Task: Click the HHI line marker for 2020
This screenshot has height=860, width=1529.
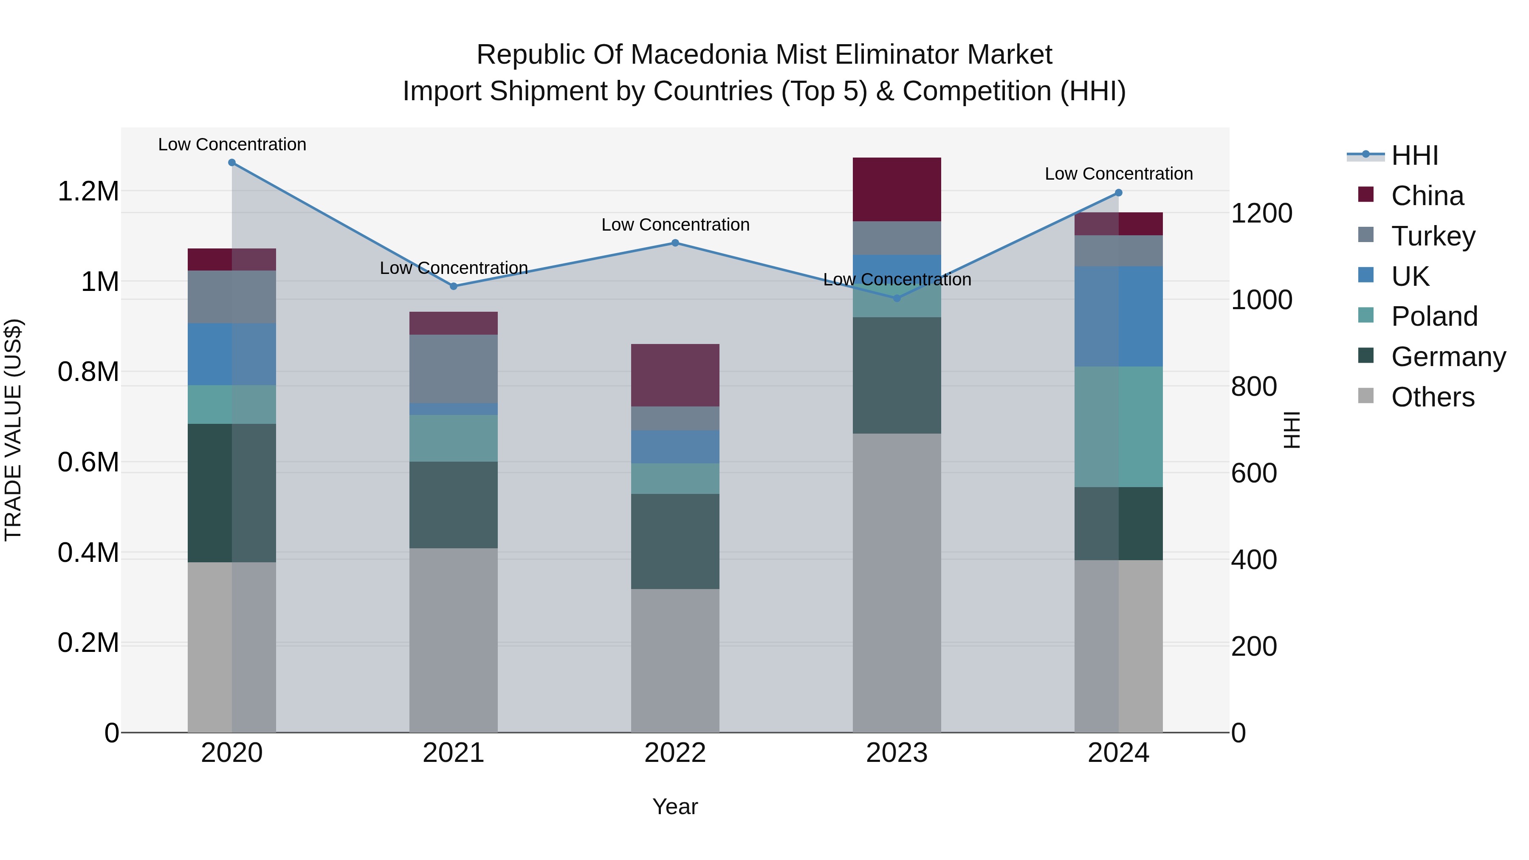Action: pos(232,163)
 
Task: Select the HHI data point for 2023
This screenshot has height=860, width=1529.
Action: pos(897,298)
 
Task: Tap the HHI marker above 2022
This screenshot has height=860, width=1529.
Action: pos(675,243)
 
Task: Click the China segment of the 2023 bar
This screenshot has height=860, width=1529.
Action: pos(897,189)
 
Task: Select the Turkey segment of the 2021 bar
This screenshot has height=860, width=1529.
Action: pos(454,369)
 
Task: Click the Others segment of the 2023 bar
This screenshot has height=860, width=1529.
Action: pos(897,582)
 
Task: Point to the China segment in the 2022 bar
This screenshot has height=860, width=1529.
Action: pos(675,375)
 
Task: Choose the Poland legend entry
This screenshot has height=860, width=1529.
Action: pos(1434,316)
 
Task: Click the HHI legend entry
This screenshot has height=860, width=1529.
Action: pos(1414,155)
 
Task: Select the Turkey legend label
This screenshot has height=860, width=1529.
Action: pos(1433,236)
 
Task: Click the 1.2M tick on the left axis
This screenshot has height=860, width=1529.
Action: pos(88,192)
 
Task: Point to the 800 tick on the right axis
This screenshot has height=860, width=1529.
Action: pos(1254,386)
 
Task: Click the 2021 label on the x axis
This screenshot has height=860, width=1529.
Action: pos(454,753)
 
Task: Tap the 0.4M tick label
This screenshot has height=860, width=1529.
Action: pos(88,553)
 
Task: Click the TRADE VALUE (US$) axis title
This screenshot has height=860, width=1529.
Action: pos(13,430)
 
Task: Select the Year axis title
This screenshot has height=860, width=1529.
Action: pos(675,806)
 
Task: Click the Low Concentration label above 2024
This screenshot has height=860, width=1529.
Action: pos(1118,174)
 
